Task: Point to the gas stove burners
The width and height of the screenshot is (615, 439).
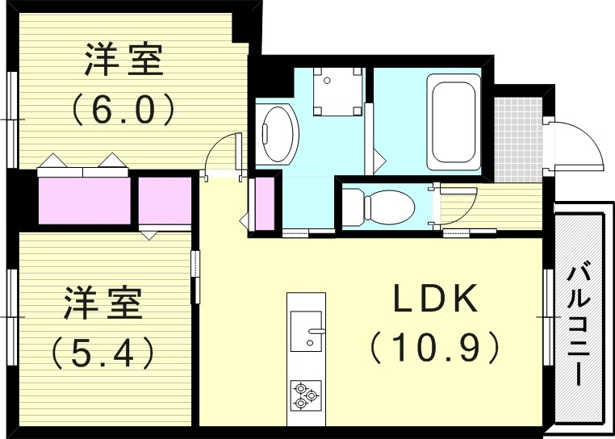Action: tap(305, 394)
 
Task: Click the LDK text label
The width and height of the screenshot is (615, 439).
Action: tap(437, 300)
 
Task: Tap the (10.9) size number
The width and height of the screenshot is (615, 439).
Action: tap(437, 349)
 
